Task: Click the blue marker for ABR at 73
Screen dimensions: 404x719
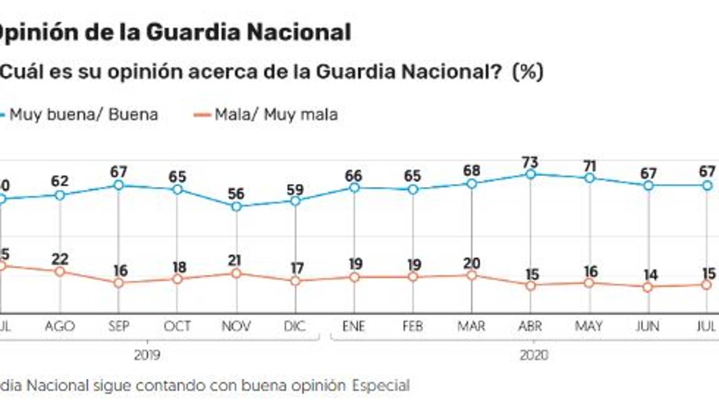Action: tap(530, 175)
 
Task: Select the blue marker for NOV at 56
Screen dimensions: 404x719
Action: tap(236, 206)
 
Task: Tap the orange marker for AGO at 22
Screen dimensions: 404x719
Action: tap(60, 272)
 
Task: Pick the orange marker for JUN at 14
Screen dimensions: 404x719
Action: tap(648, 287)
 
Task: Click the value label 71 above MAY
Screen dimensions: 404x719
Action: tap(589, 166)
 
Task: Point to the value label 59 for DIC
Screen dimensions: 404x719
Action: tap(295, 188)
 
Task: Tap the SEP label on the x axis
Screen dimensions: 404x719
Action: tap(119, 326)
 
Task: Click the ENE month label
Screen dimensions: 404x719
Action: tap(354, 326)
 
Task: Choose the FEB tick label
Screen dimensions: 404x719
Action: tap(413, 326)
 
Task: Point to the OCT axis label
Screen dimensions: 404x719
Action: tap(177, 326)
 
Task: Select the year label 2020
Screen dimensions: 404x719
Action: tap(534, 355)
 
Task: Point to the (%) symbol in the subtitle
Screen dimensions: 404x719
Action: tap(527, 72)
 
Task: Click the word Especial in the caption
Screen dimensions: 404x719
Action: tap(381, 386)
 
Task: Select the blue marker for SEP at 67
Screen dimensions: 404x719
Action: tap(119, 185)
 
